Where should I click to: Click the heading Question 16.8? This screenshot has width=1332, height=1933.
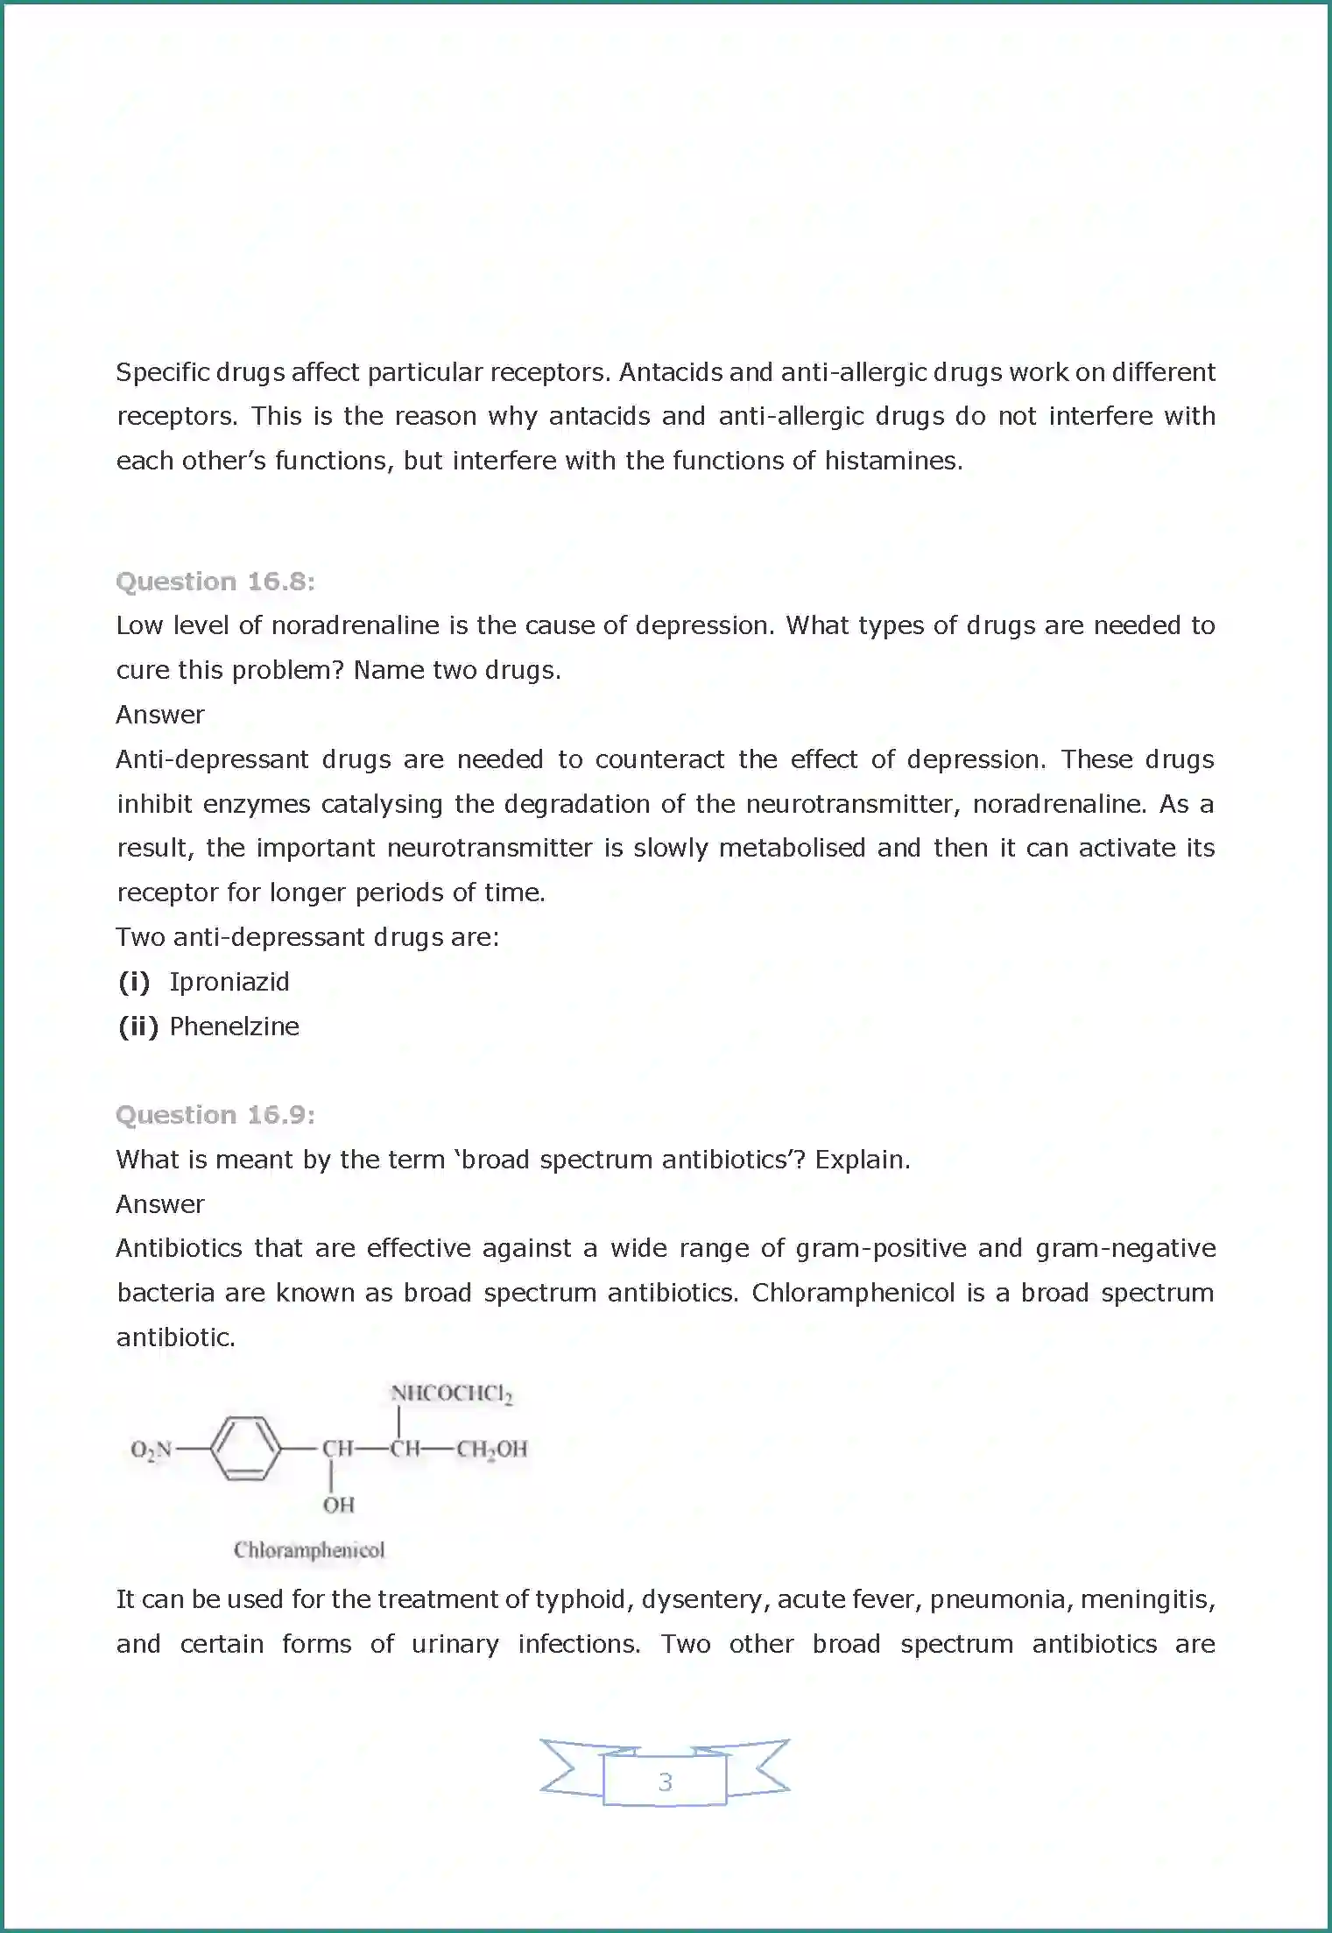(x=215, y=582)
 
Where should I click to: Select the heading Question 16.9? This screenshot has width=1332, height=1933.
(x=215, y=1115)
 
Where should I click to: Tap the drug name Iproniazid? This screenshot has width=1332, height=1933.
(x=229, y=982)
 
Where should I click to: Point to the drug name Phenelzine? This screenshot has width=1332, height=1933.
(x=235, y=1026)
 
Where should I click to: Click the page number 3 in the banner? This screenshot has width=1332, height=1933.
(x=666, y=1781)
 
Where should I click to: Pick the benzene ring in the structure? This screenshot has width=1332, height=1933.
(x=245, y=1449)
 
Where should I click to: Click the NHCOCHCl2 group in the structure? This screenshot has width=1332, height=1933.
(x=451, y=1393)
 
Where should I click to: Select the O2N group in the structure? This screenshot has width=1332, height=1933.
(x=152, y=1450)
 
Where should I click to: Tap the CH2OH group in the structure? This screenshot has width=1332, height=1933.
(x=491, y=1450)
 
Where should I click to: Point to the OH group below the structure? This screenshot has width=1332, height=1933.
(x=338, y=1505)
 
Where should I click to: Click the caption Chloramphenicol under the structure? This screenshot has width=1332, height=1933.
(x=309, y=1550)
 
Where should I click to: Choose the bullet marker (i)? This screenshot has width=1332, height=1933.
(x=134, y=982)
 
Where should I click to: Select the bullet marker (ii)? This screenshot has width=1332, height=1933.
(x=138, y=1026)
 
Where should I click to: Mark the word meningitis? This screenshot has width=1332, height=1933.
(x=1147, y=1600)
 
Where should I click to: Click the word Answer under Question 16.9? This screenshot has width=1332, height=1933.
(x=160, y=1204)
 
